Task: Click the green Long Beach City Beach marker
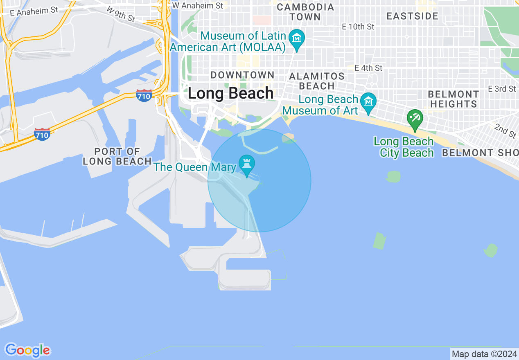point(415,119)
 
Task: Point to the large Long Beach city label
point(230,94)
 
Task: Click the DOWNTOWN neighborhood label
point(242,75)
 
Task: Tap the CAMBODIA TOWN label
point(305,12)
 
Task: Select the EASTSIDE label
point(412,16)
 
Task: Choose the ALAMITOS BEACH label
point(317,81)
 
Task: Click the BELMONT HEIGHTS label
point(454,99)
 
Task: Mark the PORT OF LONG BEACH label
point(117,156)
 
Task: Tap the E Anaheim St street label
point(34,11)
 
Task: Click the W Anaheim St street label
point(198,5)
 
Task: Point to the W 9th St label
point(121,14)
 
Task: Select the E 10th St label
point(358,27)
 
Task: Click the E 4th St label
point(368,67)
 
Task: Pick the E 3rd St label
point(502,89)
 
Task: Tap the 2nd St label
point(505,130)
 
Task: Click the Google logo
point(28,350)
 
